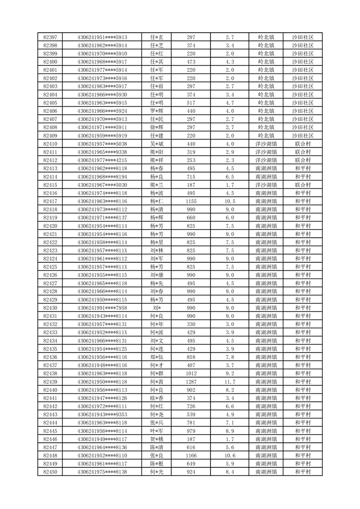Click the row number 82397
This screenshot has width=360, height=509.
pos(50,37)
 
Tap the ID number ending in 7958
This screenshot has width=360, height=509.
pos(102,308)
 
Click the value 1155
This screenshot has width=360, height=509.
pos(191,201)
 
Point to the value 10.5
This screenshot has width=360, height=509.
pos(229,201)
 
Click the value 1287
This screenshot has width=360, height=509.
pos(191,381)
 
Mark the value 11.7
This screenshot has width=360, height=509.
pos(229,381)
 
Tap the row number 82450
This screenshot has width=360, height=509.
pos(50,472)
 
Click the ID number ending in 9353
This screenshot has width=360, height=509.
pos(102,414)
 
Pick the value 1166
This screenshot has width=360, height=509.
pos(191,455)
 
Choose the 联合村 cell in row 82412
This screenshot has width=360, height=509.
pos(302,160)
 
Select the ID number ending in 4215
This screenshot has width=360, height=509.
pos(102,160)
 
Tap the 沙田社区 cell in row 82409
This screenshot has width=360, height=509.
pos(302,136)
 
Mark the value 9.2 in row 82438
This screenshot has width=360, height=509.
pos(229,373)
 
